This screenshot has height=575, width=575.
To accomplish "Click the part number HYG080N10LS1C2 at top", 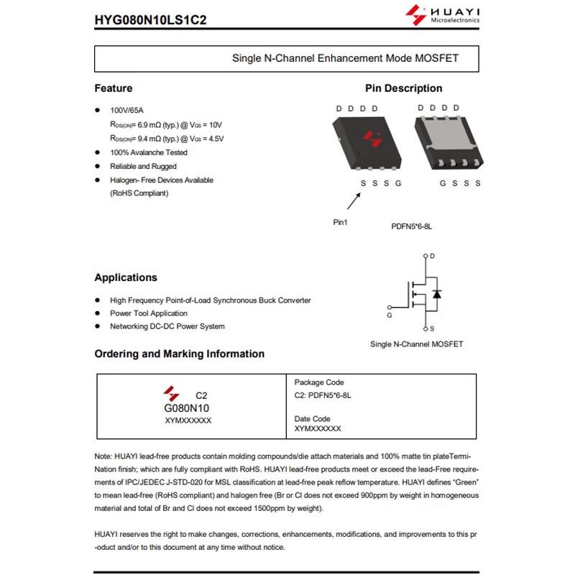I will (150, 19).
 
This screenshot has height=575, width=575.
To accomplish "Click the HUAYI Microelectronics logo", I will (443, 15).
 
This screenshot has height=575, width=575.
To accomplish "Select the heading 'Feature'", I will (114, 88).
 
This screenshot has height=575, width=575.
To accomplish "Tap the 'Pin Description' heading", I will (403, 88).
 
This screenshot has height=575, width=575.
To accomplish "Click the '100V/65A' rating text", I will (126, 111).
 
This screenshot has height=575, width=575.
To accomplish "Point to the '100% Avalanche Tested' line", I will (148, 152).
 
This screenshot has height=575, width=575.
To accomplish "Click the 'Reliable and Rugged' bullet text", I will (143, 166).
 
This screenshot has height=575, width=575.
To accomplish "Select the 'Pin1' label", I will (340, 222).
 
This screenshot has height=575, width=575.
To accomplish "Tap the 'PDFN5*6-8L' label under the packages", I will (411, 226).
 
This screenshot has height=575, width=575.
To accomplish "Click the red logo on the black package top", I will (372, 137).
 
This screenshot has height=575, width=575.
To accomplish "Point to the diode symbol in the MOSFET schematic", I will (437, 293).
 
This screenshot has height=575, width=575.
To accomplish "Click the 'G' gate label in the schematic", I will (390, 315).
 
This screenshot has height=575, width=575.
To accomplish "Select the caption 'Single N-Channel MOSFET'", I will (416, 344).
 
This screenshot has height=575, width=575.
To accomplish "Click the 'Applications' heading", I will (126, 277).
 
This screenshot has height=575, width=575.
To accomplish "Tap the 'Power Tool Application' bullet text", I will (148, 313).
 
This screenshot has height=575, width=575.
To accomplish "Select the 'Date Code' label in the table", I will (312, 418).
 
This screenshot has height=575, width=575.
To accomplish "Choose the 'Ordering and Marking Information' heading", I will (179, 354).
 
